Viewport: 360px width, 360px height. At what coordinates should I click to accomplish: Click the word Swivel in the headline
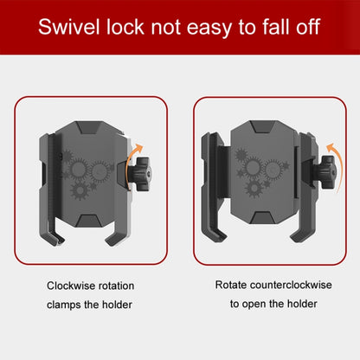pyautogui.click(x=69, y=27)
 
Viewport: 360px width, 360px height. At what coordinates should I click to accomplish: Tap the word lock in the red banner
pyautogui.click(x=125, y=27)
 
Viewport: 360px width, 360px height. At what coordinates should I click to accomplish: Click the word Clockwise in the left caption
pyautogui.click(x=71, y=286)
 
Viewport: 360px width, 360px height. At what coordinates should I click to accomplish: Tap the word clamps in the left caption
pyautogui.click(x=64, y=305)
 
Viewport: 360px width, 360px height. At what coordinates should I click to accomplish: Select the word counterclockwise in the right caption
pyautogui.click(x=291, y=285)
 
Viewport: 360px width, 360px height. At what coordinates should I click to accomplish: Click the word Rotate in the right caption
pyautogui.click(x=231, y=285)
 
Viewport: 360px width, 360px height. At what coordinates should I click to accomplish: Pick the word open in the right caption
pyautogui.click(x=254, y=305)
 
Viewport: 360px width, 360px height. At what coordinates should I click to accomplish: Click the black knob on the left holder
pyautogui.click(x=142, y=174)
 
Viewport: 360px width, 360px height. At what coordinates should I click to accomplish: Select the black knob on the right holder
pyautogui.click(x=327, y=173)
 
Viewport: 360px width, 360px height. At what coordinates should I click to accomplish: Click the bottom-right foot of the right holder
pyautogui.click(x=301, y=235)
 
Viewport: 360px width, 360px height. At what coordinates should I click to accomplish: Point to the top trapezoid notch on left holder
pyautogui.click(x=89, y=127)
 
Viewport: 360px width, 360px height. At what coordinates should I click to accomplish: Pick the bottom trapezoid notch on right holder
pyautogui.click(x=261, y=217)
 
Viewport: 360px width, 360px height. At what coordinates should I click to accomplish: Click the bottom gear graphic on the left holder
pyautogui.click(x=80, y=190)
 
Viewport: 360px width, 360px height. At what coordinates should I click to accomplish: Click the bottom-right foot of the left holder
pyautogui.click(x=115, y=236)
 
